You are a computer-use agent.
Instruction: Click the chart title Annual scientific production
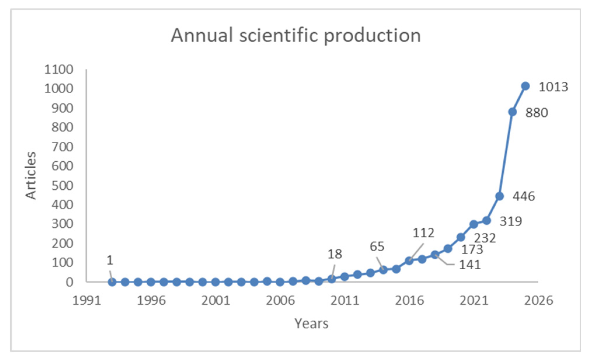296,36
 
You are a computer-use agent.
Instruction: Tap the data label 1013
553,87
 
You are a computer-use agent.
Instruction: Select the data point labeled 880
512,112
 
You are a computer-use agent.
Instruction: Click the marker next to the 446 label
499,196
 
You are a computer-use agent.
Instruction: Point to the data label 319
511,221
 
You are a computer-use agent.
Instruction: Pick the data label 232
485,238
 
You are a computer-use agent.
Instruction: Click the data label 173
472,249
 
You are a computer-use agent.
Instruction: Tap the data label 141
470,265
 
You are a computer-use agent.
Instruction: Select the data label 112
423,233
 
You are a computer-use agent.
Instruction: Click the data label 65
377,247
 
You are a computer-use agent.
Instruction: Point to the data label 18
335,254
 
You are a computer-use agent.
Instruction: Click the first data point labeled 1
112,282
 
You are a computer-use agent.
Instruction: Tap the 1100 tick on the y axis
59,70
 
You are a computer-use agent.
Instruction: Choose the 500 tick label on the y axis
62,186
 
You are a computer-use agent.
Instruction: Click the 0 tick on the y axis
69,282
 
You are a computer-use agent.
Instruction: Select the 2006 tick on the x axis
280,300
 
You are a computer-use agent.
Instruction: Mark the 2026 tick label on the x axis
538,300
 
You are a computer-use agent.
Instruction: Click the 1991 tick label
86,300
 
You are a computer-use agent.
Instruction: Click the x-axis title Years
311,323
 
